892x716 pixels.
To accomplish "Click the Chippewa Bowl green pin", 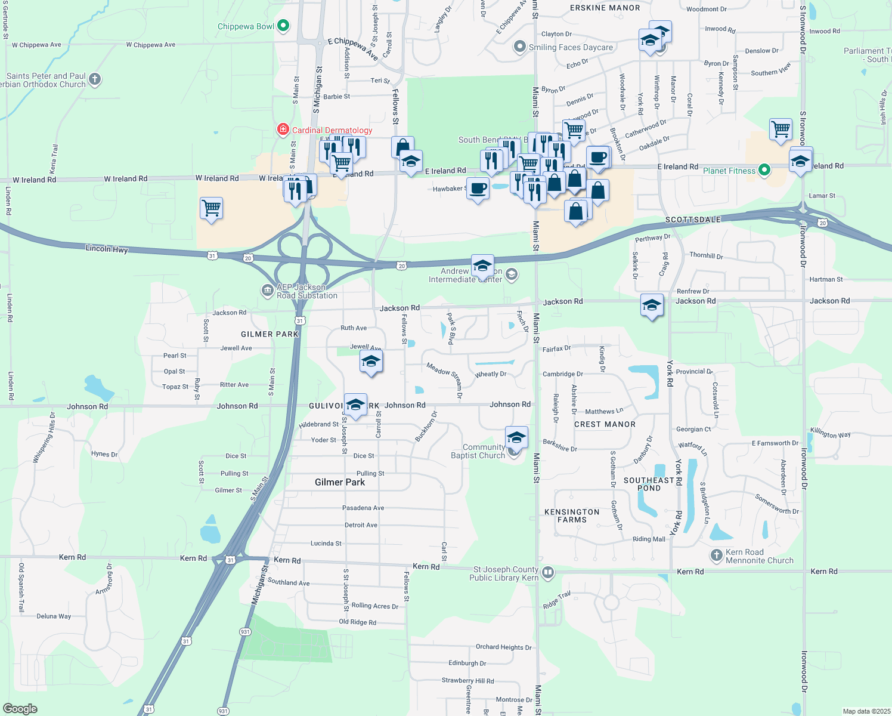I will point(284,26).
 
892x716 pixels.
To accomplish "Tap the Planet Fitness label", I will point(729,171).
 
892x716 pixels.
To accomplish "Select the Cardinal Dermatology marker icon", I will point(284,129).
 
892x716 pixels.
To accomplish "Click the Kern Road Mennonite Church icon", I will point(717,555).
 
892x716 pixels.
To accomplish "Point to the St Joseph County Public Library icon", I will point(548,573).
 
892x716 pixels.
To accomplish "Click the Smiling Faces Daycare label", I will point(570,47).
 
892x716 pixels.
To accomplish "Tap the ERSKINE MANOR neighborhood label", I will point(605,8).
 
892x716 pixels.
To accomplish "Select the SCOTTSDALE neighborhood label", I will point(693,220).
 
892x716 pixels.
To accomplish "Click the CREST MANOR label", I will point(605,424).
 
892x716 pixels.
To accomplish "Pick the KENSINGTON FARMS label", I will point(572,516).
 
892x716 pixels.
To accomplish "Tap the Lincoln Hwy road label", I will point(107,249).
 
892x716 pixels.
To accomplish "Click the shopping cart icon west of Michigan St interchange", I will point(212,208).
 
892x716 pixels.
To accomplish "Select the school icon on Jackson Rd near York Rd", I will point(652,305).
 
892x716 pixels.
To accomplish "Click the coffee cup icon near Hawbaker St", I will point(478,189).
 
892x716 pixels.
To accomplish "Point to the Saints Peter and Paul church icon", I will point(95,79).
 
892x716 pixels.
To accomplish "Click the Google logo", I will point(20,708).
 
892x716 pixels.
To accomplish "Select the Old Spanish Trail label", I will point(21,587).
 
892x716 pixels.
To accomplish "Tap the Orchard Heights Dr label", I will point(503,647).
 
